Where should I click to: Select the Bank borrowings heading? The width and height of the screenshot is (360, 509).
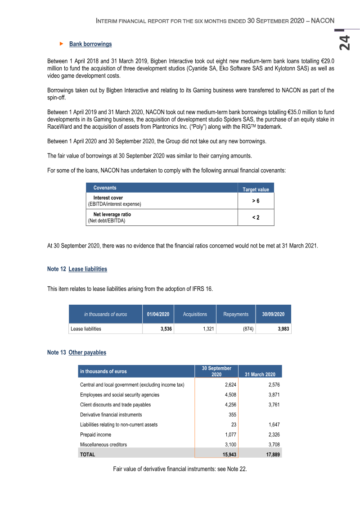(90, 44)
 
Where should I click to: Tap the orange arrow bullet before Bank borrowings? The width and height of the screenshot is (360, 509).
(62, 44)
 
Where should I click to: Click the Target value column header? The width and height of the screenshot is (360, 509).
(256, 189)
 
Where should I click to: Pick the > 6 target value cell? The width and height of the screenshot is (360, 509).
(256, 201)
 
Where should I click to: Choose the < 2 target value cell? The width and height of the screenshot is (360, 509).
(256, 217)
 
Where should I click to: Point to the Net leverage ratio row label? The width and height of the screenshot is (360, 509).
(112, 215)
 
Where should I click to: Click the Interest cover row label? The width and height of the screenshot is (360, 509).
(108, 198)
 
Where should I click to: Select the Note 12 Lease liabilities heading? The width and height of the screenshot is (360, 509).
(77, 269)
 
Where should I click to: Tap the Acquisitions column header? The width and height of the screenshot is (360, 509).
(195, 314)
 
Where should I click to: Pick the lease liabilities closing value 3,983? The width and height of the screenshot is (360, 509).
(283, 329)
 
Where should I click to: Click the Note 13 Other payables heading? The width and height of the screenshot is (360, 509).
(76, 352)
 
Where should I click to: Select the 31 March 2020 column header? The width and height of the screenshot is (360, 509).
(260, 374)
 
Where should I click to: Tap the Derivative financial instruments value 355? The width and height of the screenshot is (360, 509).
(229, 414)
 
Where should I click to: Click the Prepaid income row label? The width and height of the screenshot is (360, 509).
(95, 435)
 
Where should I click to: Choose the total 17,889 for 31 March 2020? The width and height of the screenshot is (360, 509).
(272, 455)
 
